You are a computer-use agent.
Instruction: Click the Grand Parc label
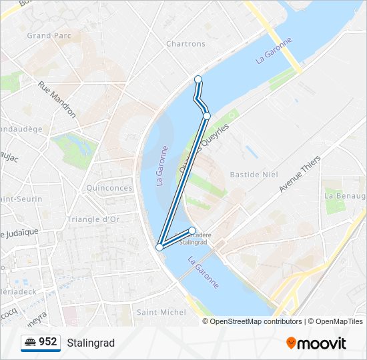tap(49, 35)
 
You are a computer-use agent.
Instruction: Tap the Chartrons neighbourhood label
tap(186, 44)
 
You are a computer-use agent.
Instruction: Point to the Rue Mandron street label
tap(57, 99)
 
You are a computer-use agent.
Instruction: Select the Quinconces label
tap(109, 188)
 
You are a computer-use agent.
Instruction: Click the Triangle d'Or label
tap(93, 219)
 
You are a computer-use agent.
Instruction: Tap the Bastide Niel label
tap(253, 174)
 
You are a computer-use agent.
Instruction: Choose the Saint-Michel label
tap(161, 312)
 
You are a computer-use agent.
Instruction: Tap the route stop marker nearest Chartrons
tap(198, 79)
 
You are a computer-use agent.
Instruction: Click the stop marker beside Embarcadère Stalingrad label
tap(192, 231)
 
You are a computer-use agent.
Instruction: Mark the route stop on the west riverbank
tap(159, 247)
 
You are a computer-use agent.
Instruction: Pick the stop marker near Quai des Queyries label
tap(207, 116)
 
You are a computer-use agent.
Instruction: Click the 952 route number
tap(47, 342)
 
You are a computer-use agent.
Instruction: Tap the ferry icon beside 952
tap(30, 343)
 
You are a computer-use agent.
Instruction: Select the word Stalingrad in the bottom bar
tap(91, 343)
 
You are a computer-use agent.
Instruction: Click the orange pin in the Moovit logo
tap(291, 343)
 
